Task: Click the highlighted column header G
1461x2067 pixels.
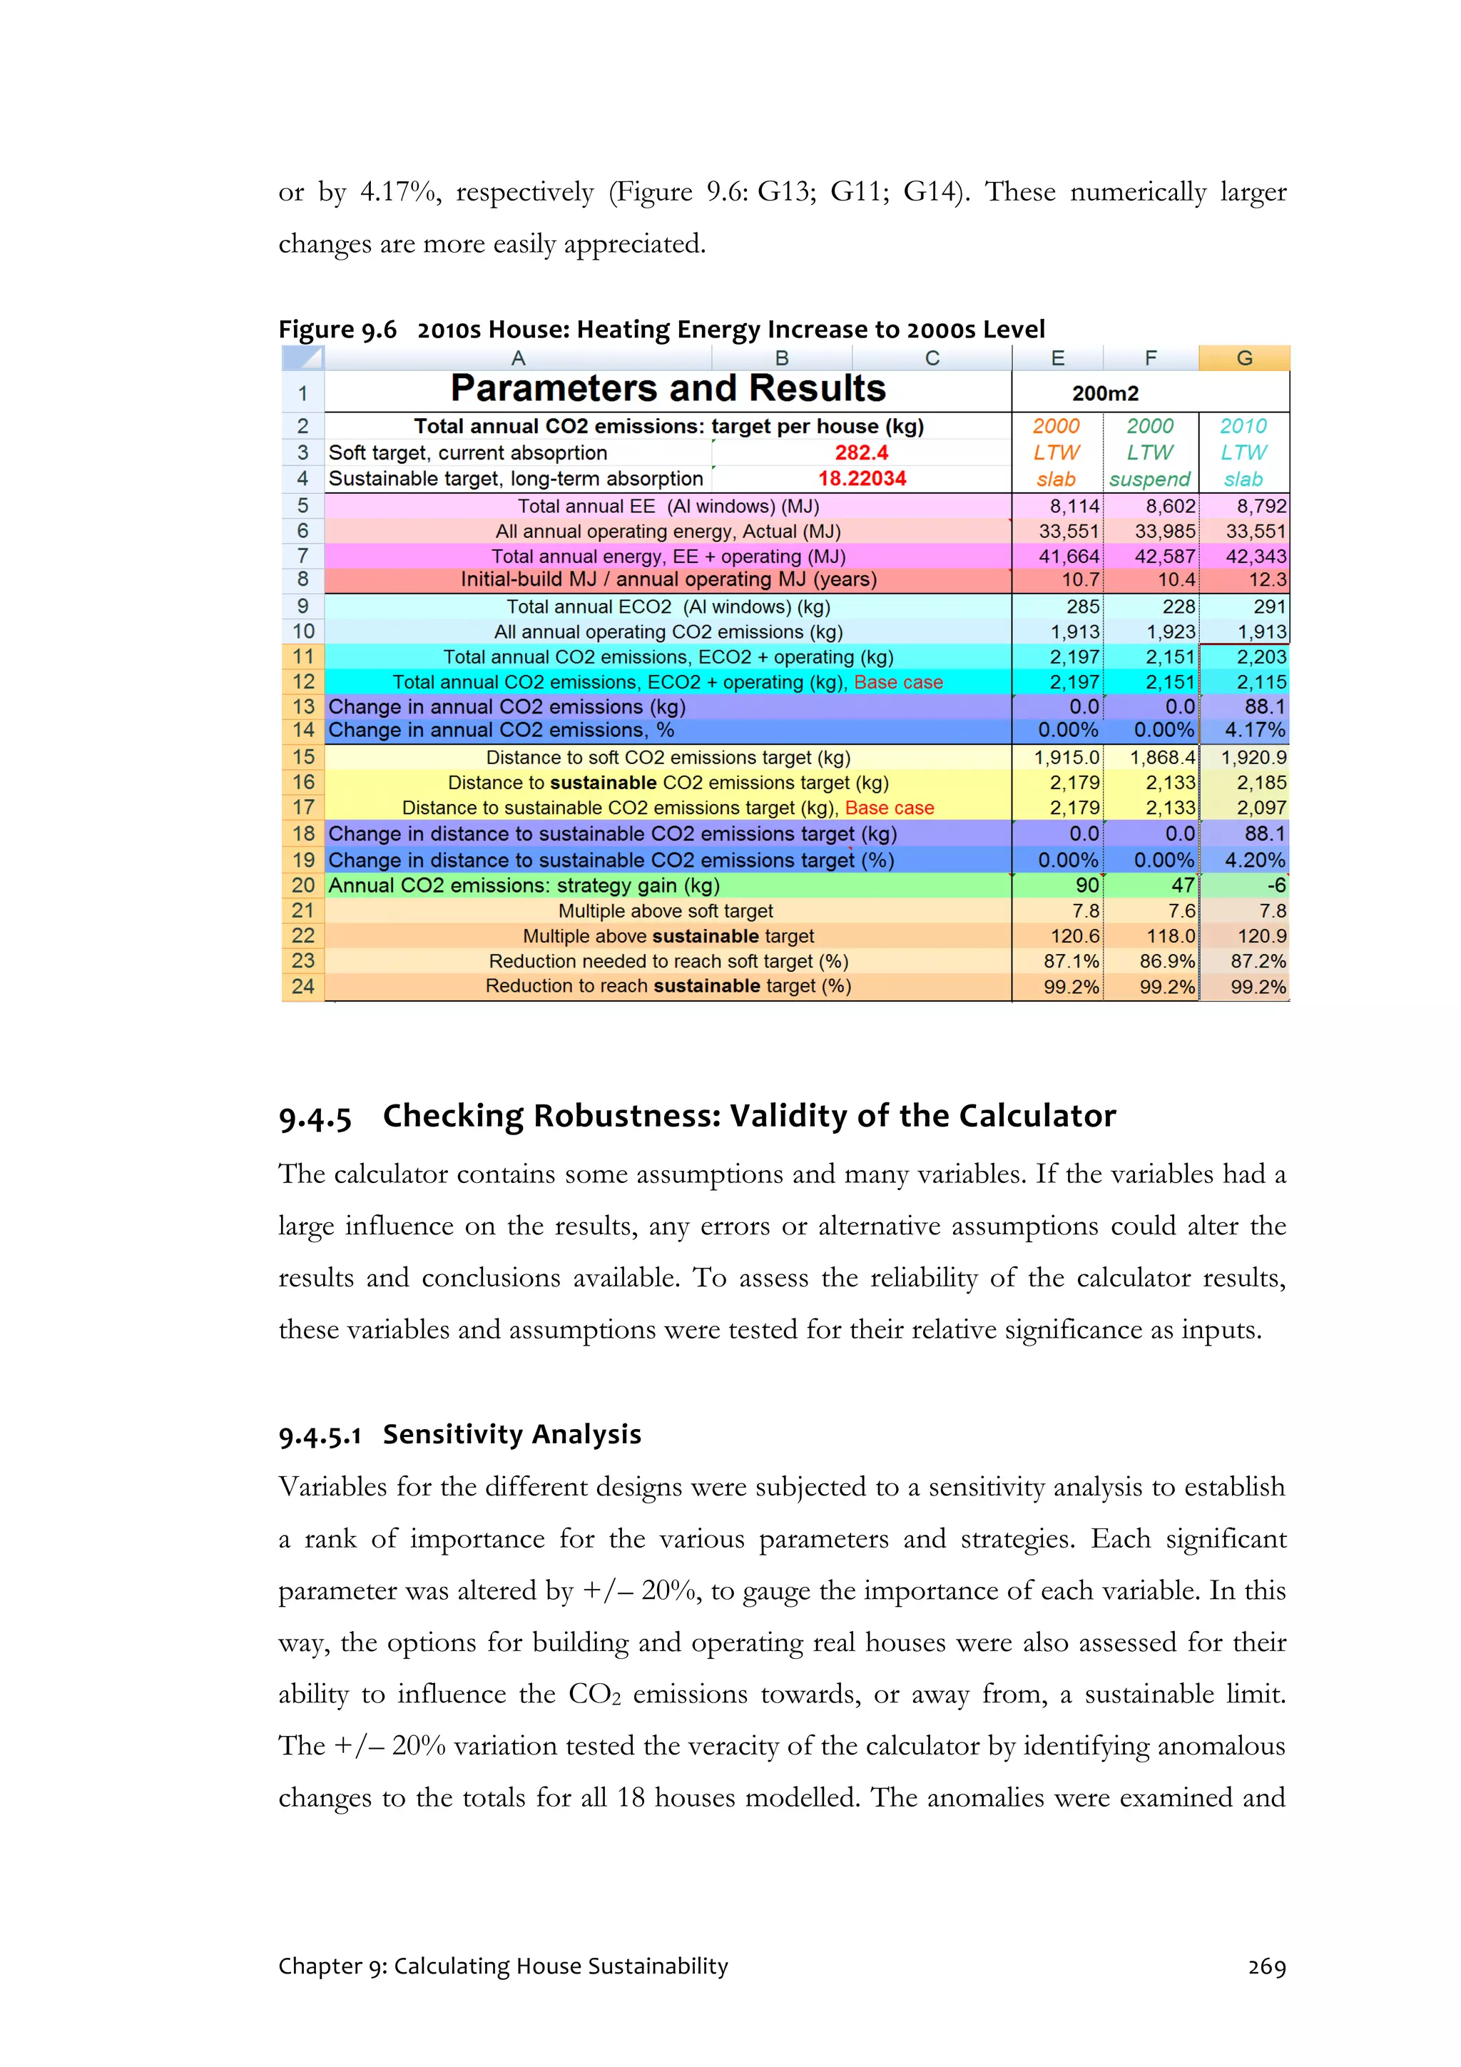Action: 1244,358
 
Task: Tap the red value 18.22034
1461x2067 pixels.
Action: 862,479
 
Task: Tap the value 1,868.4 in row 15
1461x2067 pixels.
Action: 1162,758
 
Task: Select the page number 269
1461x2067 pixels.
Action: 1266,1967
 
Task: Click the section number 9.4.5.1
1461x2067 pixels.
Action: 320,1435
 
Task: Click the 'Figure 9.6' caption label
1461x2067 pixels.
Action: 337,330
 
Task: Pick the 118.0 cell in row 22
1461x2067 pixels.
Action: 1169,936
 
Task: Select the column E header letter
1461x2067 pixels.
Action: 1058,358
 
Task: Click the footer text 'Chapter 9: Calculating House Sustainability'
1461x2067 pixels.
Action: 502,1967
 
